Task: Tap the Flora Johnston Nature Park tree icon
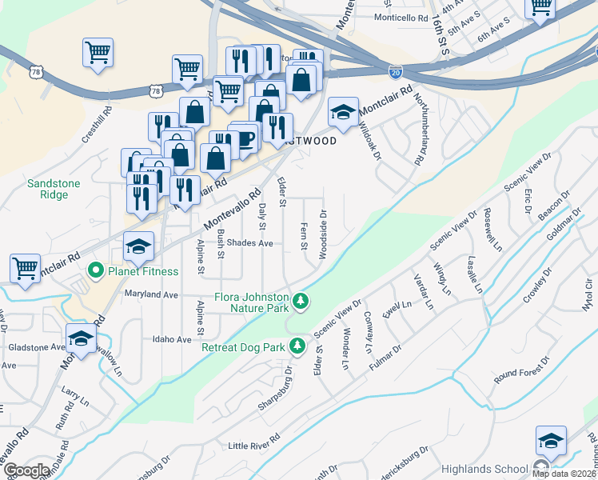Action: coord(301,301)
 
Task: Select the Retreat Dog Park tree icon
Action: coord(297,346)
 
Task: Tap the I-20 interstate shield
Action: coord(396,72)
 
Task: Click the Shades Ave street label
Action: coord(250,243)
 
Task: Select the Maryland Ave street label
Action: coord(151,294)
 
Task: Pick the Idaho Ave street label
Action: coord(172,340)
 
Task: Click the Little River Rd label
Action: coord(254,445)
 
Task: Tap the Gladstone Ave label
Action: coord(35,347)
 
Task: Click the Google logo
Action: coord(26,470)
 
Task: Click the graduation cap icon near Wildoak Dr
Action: coord(343,113)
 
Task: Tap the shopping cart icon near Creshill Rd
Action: coord(98,53)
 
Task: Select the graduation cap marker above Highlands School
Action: coord(551,441)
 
